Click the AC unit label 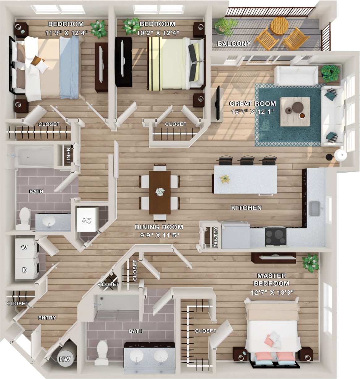[x=86, y=221]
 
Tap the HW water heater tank [x=65, y=359]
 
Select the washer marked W [x=25, y=247]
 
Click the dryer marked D [x=25, y=270]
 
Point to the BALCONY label [x=234, y=44]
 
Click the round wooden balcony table [x=279, y=24]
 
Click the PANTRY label [x=216, y=237]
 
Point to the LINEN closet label [x=68, y=155]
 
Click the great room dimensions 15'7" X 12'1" [x=253, y=112]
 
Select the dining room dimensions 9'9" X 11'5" [x=159, y=235]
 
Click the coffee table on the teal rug [x=294, y=111]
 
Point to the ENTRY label [x=47, y=318]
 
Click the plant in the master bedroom [x=310, y=262]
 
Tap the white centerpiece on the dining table [x=160, y=192]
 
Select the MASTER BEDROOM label [x=272, y=280]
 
